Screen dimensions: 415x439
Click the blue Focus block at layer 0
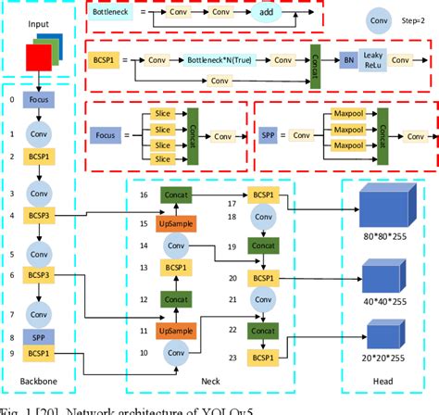pyautogui.click(x=38, y=99)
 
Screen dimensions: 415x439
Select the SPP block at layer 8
pyautogui.click(x=38, y=338)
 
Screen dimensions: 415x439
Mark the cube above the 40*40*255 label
pyautogui.click(x=380, y=276)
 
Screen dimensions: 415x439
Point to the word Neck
pyautogui.click(x=234, y=382)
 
